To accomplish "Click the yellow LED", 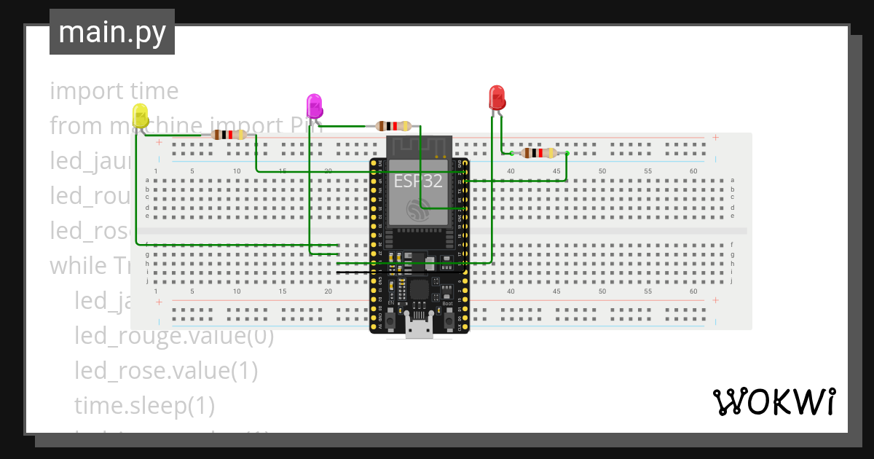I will pyautogui.click(x=140, y=117).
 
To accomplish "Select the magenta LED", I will pyautogui.click(x=314, y=106).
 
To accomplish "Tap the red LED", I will pyautogui.click(x=497, y=98).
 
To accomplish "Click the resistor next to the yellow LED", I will pyautogui.click(x=229, y=135).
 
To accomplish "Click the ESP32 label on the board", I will pyautogui.click(x=418, y=181).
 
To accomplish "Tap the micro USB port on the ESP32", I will pyautogui.click(x=419, y=329).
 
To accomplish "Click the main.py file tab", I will pyautogui.click(x=112, y=32).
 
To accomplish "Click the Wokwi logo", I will pyautogui.click(x=773, y=401).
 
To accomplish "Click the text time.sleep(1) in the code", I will pyautogui.click(x=144, y=405).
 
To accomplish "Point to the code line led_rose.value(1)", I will pyautogui.click(x=166, y=371).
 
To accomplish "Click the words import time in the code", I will pyautogui.click(x=114, y=91).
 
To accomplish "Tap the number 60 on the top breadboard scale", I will pyautogui.click(x=693, y=171).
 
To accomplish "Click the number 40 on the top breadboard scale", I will pyautogui.click(x=511, y=171).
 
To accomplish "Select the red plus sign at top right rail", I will pyautogui.click(x=716, y=137).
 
